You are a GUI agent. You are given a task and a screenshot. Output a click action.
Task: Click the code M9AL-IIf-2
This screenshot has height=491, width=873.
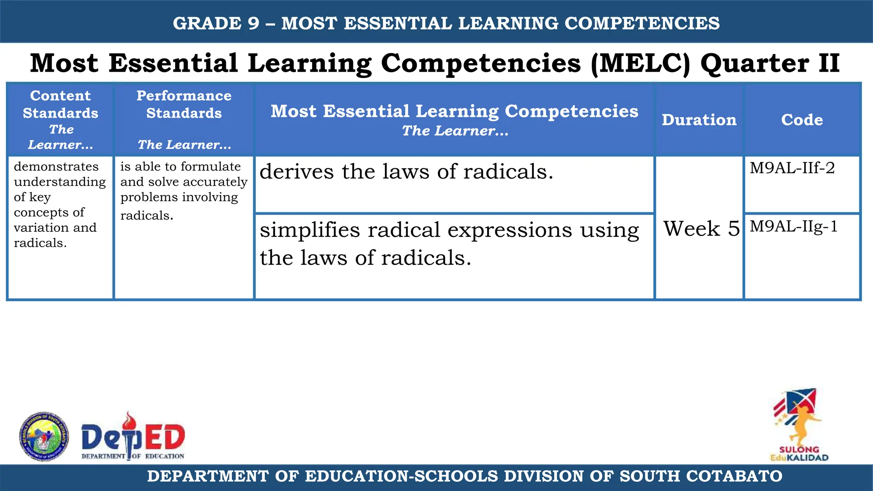pyautogui.click(x=792, y=168)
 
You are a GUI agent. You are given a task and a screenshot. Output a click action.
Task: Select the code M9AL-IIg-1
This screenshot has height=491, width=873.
pyautogui.click(x=794, y=226)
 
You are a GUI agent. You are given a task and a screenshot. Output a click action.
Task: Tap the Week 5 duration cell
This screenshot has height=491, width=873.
pyautogui.click(x=701, y=228)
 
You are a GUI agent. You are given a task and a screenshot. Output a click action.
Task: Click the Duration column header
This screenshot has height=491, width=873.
pyautogui.click(x=699, y=120)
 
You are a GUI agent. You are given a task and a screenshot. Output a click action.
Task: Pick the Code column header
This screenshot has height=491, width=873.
pyautogui.click(x=802, y=120)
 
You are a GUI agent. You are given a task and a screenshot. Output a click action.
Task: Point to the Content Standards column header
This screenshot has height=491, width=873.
pyautogui.click(x=61, y=104)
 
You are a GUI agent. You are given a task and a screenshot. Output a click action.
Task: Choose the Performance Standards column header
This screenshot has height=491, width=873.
pyautogui.click(x=184, y=104)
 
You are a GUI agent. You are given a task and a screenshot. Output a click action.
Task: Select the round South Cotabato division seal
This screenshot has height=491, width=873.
pyautogui.click(x=44, y=436)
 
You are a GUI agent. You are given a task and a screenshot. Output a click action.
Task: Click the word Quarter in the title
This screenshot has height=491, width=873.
pyautogui.click(x=754, y=64)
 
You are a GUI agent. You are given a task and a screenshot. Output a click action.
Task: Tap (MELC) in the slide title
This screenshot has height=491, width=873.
pyautogui.click(x=640, y=64)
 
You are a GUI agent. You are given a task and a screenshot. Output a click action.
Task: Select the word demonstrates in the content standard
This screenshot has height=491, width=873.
pyautogui.click(x=56, y=167)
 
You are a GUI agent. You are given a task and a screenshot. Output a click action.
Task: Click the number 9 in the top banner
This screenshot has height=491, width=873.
pyautogui.click(x=253, y=23)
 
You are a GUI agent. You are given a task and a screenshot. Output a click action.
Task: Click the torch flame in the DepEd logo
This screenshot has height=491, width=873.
pyautogui.click(x=128, y=421)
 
